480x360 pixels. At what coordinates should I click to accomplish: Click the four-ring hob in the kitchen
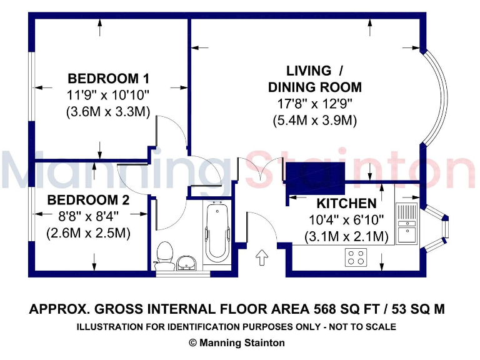357,256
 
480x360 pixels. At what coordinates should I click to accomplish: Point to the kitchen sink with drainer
407,224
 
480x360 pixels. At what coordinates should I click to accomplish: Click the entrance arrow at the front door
261,257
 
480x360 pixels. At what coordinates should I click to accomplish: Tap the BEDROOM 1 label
108,79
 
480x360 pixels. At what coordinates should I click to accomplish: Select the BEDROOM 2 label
88,201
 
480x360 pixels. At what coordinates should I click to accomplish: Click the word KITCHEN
346,203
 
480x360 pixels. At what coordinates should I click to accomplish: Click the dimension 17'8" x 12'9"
314,104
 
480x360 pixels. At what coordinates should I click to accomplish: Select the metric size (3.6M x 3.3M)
108,112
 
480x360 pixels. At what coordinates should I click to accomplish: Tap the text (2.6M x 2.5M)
88,234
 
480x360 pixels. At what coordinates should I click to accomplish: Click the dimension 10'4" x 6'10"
346,220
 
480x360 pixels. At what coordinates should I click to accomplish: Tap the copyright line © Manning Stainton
237,342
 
